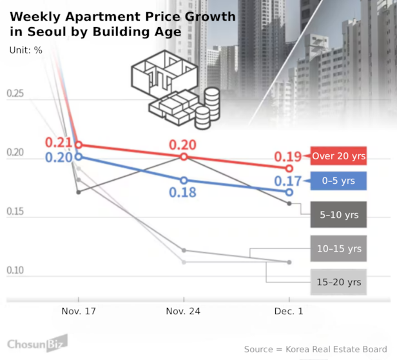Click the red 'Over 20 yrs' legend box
tap(338, 156)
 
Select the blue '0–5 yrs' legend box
tap(338, 181)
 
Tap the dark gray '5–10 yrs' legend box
tap(338, 214)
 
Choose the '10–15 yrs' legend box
tap(338, 248)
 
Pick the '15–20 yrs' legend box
tap(338, 282)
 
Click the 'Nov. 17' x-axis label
tap(79, 311)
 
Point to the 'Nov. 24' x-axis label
tap(184, 311)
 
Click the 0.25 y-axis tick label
tap(15, 94)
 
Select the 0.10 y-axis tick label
tap(15, 270)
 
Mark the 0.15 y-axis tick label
tap(15, 212)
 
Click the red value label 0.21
tap(58, 143)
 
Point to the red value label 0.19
tap(287, 157)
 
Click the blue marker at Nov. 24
tap(184, 181)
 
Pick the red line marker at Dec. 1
tap(289, 168)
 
